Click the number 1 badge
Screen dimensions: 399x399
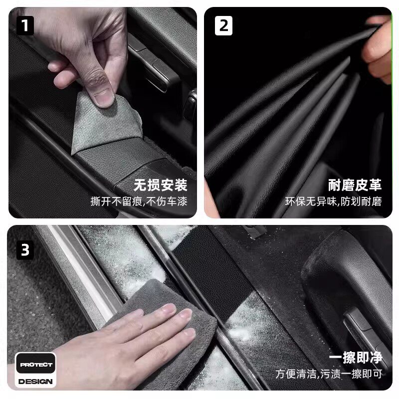tap(25, 25)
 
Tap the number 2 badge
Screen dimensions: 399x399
tap(223, 25)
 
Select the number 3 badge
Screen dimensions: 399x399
tap(25, 250)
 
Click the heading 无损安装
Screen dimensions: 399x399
tap(160, 185)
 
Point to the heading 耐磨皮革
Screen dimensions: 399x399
tap(355, 185)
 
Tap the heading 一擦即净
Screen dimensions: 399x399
tap(356, 358)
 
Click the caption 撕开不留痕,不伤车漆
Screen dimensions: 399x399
tap(139, 201)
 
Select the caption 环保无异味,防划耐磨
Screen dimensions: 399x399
tap(333, 201)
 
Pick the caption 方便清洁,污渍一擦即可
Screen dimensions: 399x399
tap(329, 374)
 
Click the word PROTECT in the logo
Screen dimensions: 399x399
tap(36, 365)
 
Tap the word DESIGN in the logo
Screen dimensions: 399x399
tap(35, 382)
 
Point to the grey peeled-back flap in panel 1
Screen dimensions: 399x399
tap(106, 125)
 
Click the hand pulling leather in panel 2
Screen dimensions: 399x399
tap(377, 48)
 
